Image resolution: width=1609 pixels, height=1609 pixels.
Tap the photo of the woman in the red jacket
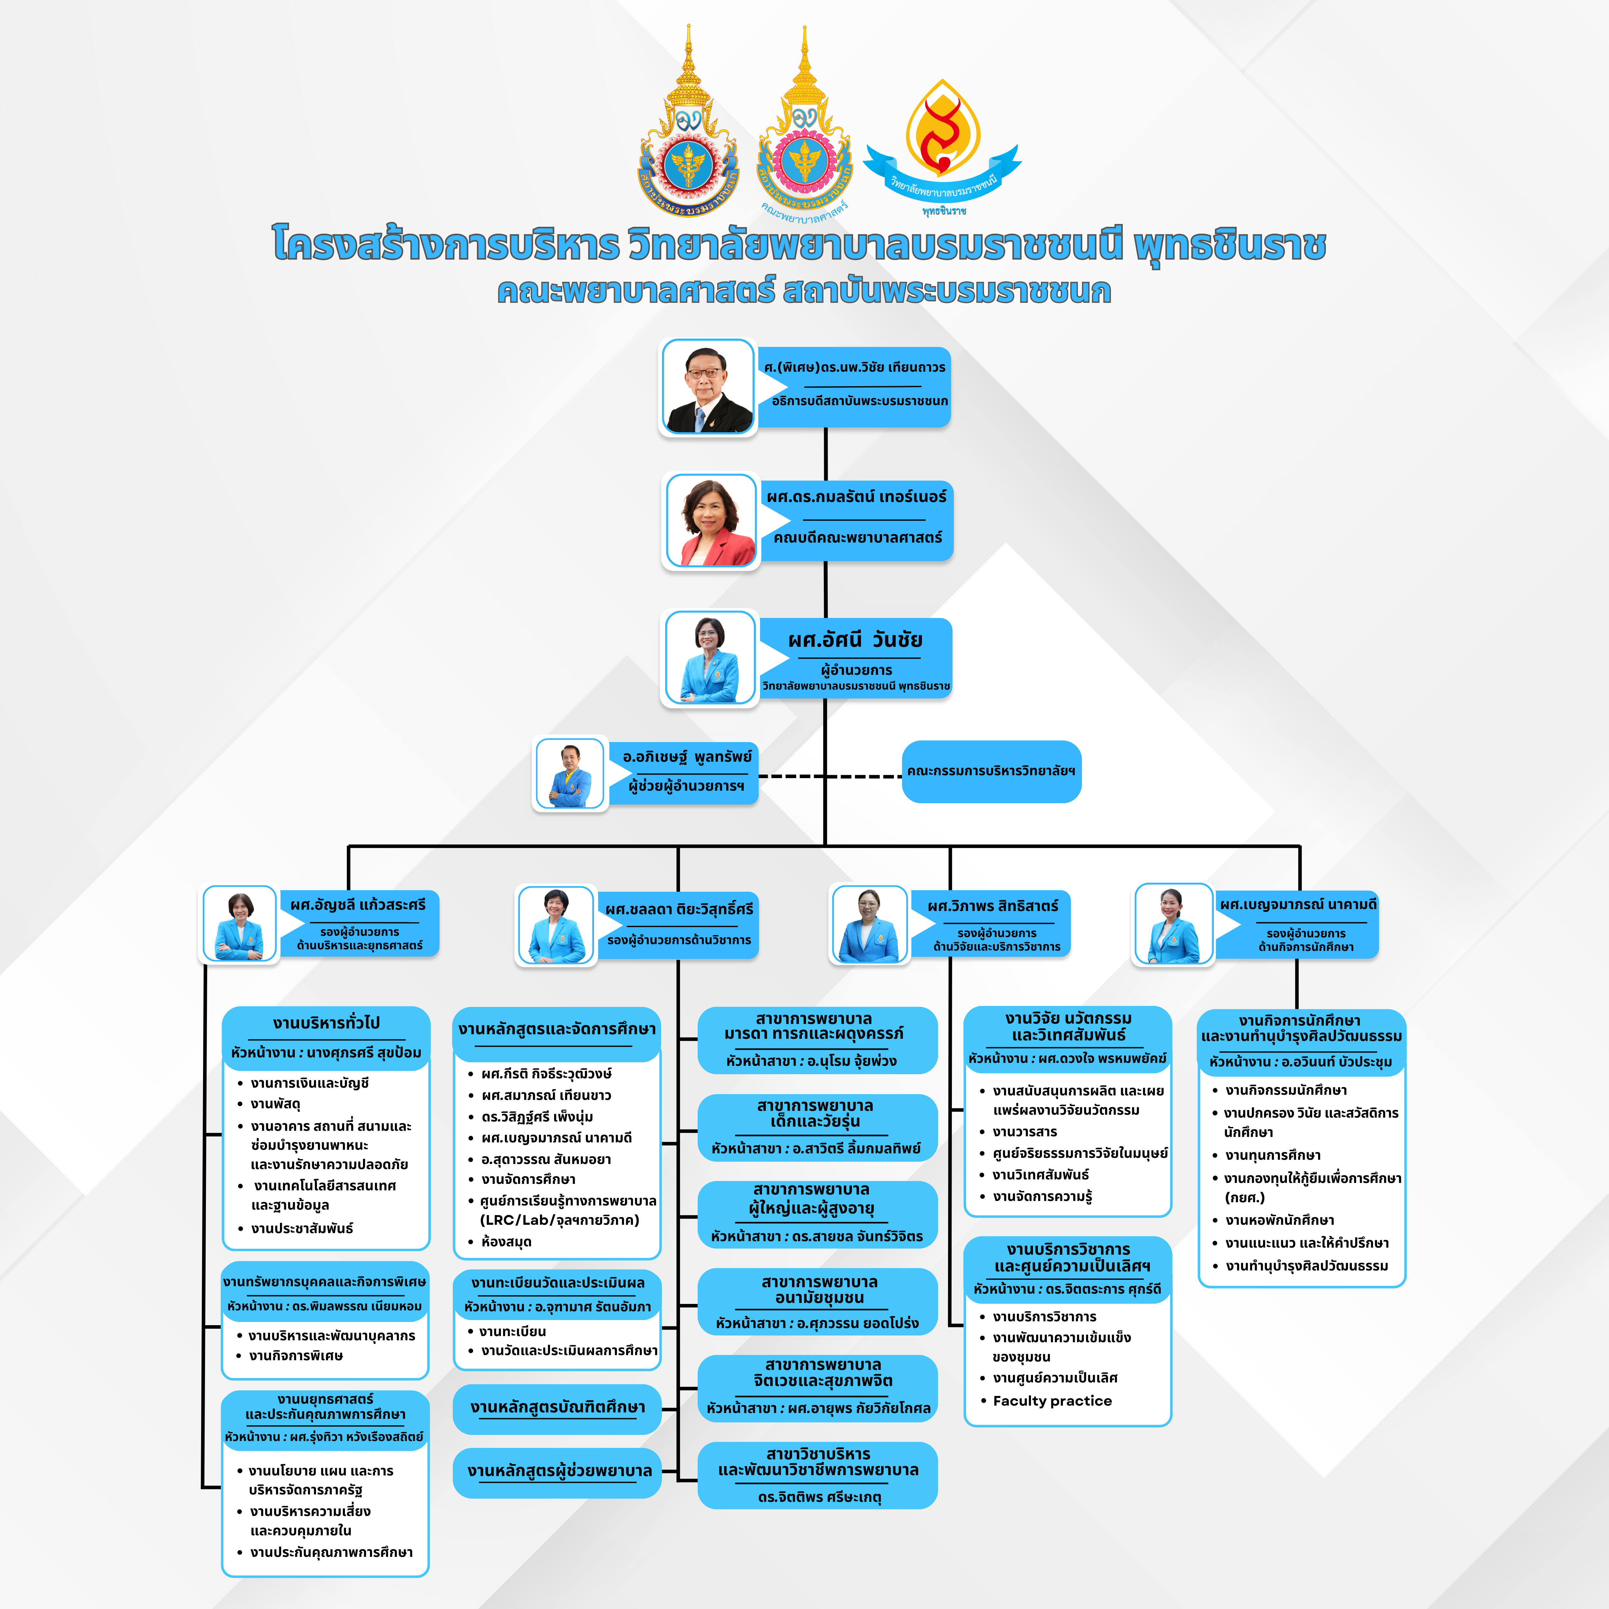click(711, 522)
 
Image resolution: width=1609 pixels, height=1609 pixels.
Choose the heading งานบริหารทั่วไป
click(326, 1023)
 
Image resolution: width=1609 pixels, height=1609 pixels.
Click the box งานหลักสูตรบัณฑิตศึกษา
click(557, 1408)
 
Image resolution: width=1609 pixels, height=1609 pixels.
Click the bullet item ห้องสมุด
click(506, 1242)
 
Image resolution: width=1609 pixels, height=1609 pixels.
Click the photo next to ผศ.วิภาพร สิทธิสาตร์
click(870, 925)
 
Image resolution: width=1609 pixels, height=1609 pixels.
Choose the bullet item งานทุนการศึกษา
click(1272, 1155)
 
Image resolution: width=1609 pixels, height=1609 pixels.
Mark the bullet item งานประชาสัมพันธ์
click(302, 1228)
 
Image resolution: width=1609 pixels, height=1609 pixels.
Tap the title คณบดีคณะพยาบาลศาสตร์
click(857, 537)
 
